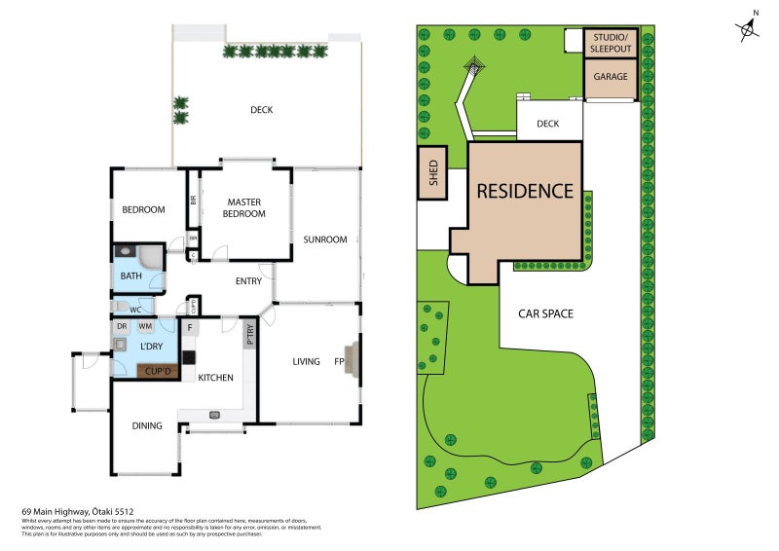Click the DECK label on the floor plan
click(x=261, y=110)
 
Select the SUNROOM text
click(x=324, y=239)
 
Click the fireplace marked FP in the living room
click(x=352, y=361)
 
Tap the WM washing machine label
click(x=144, y=326)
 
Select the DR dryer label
click(x=122, y=326)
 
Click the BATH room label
click(x=131, y=276)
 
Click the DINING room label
click(x=147, y=424)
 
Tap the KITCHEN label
click(x=215, y=378)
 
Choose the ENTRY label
click(x=248, y=282)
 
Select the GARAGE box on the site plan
click(x=611, y=77)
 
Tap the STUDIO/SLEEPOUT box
click(x=611, y=42)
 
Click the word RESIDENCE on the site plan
click(x=524, y=191)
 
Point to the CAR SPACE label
click(x=544, y=313)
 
